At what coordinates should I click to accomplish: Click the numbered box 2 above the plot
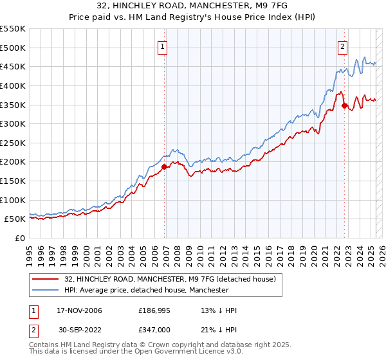[x=343, y=46]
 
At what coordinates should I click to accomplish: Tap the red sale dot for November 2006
[x=164, y=166]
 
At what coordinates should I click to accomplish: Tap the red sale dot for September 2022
[x=345, y=105]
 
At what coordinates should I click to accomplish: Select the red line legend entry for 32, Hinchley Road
[x=170, y=279]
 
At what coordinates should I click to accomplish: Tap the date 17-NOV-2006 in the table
[x=79, y=310]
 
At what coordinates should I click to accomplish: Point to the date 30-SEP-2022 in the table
[x=79, y=329]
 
